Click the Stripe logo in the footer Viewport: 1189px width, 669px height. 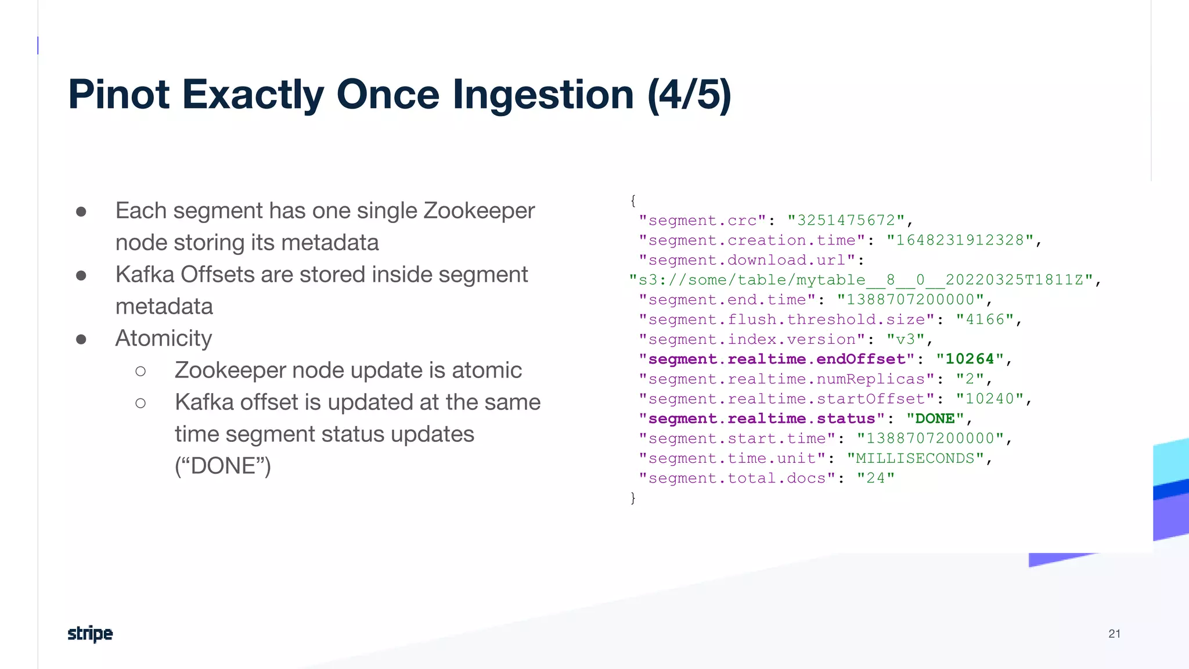click(90, 634)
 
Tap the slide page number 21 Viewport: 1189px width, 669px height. click(1114, 634)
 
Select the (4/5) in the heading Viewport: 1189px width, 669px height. click(689, 95)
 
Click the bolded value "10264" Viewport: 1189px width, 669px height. click(970, 359)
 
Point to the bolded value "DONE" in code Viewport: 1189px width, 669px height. click(935, 419)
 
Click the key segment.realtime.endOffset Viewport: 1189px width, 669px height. click(777, 359)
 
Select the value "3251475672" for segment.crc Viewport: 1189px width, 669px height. click(846, 221)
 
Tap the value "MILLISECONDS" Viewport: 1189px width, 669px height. click(915, 459)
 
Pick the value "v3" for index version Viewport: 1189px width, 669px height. click(905, 340)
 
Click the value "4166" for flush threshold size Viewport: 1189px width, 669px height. click(985, 320)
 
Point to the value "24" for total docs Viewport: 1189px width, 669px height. click(875, 479)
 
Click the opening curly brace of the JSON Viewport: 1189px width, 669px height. click(633, 201)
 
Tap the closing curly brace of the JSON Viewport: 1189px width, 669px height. click(633, 498)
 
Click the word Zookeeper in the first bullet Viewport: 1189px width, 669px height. click(479, 211)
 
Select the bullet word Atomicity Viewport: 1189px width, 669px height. click(164, 339)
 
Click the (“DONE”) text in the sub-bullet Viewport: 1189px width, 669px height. click(223, 466)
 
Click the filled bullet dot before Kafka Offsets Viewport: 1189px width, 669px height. click(81, 275)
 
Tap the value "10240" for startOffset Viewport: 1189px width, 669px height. click(989, 399)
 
